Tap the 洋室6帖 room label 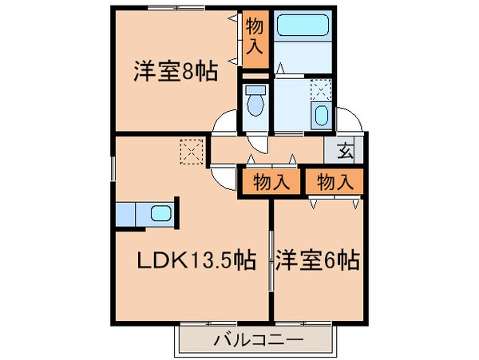[317, 259]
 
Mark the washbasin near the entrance [321, 114]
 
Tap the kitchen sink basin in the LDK [160, 214]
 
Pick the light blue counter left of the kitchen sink [125, 214]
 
